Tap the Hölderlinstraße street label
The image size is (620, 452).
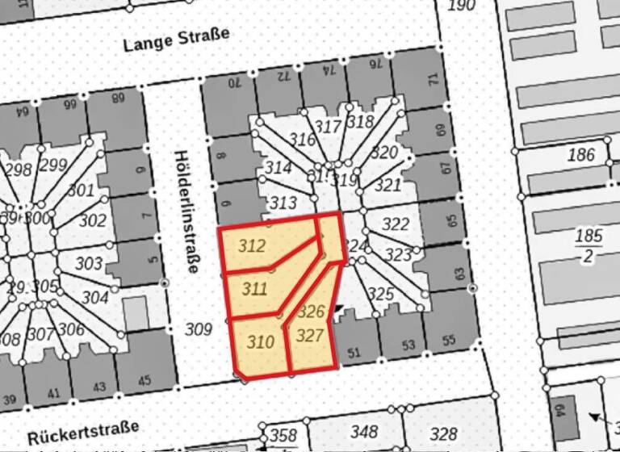pos(186,212)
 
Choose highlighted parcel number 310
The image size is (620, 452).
pos(260,342)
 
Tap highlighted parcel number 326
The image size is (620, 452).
pos(311,311)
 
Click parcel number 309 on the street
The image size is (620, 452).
pos(198,329)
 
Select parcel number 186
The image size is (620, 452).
pos(580,155)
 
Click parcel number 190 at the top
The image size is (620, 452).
pos(461,6)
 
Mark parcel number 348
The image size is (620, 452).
pos(365,433)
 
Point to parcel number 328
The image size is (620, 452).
pos(444,433)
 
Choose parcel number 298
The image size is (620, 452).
pos(18,169)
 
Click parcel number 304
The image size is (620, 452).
pos(94,298)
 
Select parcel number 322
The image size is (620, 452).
pos(396,224)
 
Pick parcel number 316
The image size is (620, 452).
pos(302,140)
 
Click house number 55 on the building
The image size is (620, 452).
pos(449,340)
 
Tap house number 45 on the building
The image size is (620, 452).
pos(145,381)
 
